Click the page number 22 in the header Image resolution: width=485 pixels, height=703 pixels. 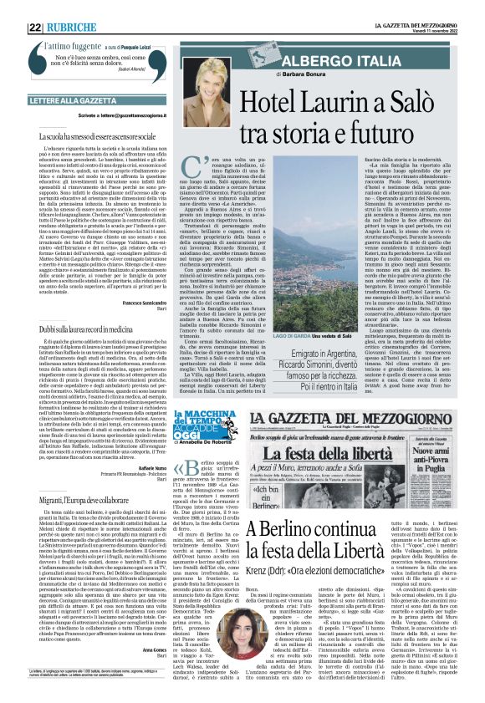pos(36,8)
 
